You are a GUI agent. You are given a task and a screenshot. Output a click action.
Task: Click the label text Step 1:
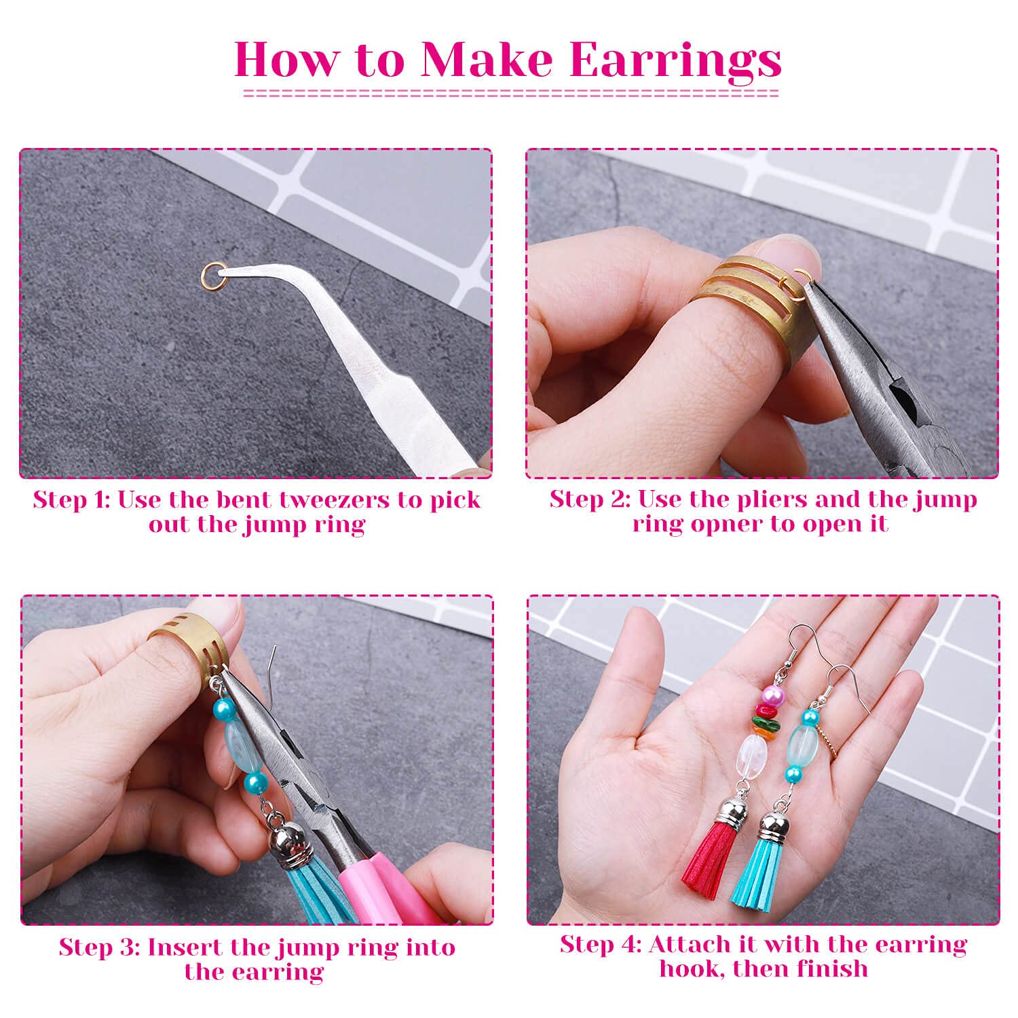(73, 500)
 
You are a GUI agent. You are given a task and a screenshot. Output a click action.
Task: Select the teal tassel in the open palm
(763, 875)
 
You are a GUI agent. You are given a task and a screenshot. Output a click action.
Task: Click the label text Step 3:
(100, 947)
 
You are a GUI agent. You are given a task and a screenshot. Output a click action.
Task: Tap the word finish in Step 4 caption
(833, 968)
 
